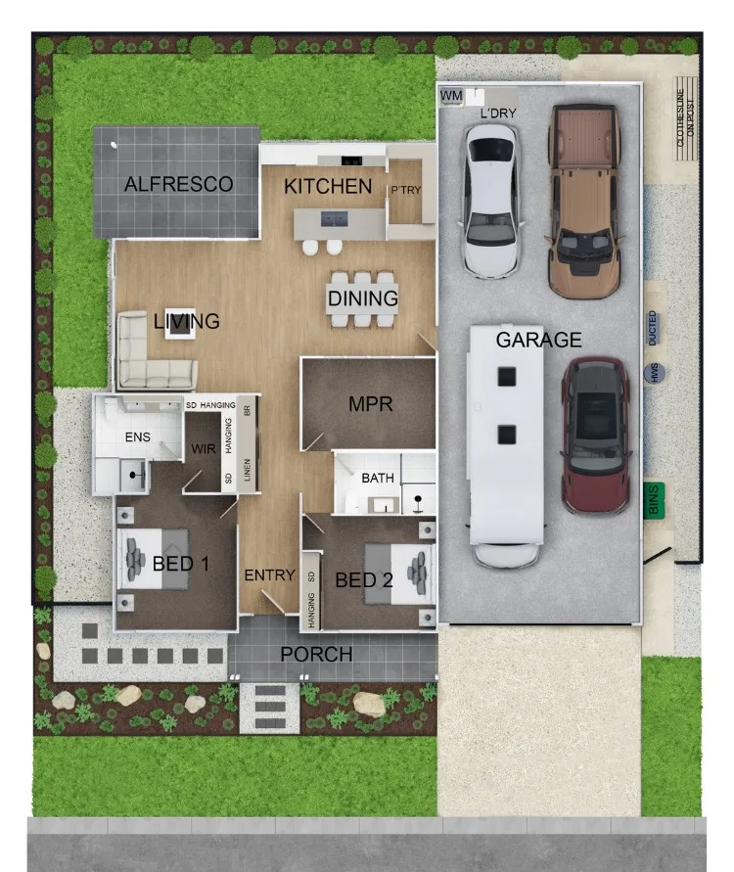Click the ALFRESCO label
click(178, 184)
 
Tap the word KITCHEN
click(328, 186)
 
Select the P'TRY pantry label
click(405, 190)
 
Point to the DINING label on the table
click(363, 298)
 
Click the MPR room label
click(370, 403)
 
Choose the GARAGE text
click(538, 341)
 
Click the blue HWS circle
click(652, 372)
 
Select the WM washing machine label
click(451, 95)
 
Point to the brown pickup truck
click(583, 201)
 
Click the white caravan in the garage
click(506, 445)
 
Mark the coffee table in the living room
click(178, 328)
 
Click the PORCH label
click(316, 654)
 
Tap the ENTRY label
click(269, 575)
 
